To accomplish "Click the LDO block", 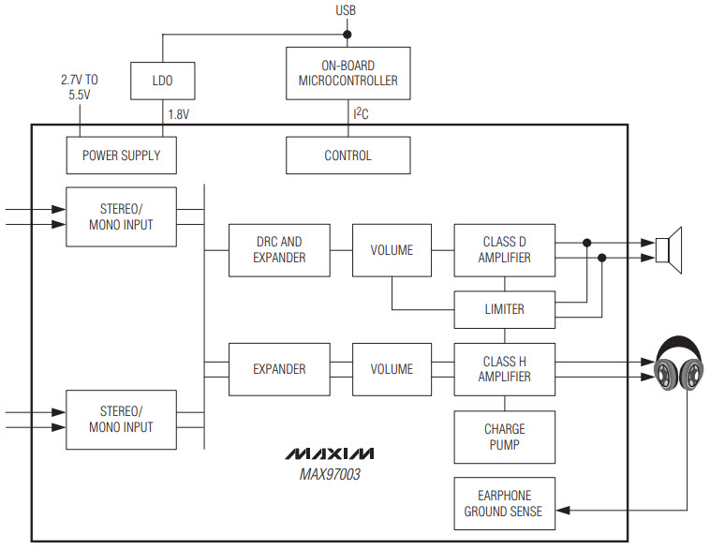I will (x=163, y=82).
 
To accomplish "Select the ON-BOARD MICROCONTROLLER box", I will (x=348, y=73).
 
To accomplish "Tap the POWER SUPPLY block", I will (x=121, y=156).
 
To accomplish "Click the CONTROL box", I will (x=348, y=156).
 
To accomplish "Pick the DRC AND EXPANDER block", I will (x=279, y=249).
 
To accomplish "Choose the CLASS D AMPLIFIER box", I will (x=504, y=249).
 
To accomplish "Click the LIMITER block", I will (x=504, y=309).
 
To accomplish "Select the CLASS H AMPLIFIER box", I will (x=504, y=368).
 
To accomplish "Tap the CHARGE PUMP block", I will (x=504, y=437).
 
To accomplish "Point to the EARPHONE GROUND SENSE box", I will (x=504, y=503).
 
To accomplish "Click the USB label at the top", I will (x=346, y=10).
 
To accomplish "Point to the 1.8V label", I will (x=179, y=114).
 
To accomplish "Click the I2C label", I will (x=361, y=114).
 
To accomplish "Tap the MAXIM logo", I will (x=329, y=453).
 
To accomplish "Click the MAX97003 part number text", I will (x=329, y=475).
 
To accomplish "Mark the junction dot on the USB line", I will (x=347, y=35).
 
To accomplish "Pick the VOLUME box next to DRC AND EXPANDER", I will (x=392, y=249).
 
